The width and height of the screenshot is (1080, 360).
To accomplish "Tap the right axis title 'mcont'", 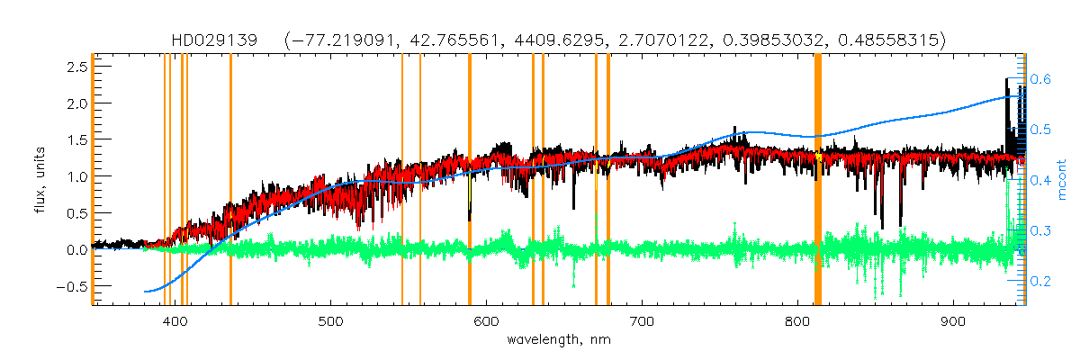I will [1062, 180].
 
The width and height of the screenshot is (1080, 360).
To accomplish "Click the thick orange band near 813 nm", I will [818, 180].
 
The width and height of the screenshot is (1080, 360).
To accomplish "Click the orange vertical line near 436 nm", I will [230, 180].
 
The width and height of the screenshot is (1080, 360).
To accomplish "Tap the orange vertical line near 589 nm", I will [470, 180].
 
